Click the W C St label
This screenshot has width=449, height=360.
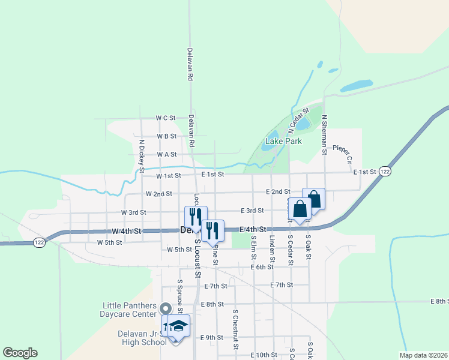click(x=165, y=118)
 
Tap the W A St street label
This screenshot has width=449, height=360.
click(x=167, y=154)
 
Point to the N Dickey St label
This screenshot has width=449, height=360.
click(x=142, y=156)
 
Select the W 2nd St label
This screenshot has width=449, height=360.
click(x=158, y=194)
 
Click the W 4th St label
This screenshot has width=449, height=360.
click(x=126, y=231)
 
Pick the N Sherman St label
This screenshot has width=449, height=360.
click(x=324, y=134)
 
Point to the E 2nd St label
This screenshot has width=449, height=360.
click(x=279, y=191)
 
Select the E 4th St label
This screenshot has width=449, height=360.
click(x=252, y=230)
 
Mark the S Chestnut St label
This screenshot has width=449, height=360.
click(x=235, y=329)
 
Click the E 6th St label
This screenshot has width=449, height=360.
click(x=262, y=266)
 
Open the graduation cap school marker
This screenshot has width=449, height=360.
click(x=178, y=326)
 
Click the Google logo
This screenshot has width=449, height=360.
click(x=20, y=353)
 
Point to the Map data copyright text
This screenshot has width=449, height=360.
click(x=423, y=355)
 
